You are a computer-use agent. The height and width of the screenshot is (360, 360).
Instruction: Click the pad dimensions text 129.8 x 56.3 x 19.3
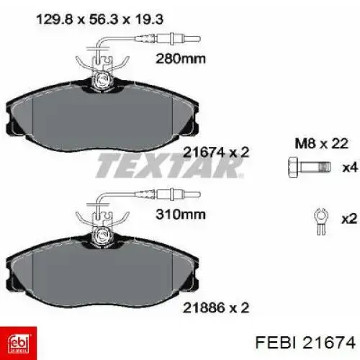(x=99, y=19)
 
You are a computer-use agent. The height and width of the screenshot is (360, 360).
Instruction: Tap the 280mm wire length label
(x=181, y=59)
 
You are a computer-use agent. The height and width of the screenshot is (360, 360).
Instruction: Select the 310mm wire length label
(x=181, y=215)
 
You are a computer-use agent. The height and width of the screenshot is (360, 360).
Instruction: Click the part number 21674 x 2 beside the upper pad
(x=216, y=152)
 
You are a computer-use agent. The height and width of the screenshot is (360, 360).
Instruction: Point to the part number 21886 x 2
(x=216, y=307)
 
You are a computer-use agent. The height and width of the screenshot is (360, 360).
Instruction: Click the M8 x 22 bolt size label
(x=321, y=144)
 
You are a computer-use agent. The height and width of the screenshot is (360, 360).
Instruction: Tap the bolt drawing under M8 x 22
(x=310, y=167)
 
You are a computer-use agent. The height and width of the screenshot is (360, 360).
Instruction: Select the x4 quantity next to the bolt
(x=350, y=168)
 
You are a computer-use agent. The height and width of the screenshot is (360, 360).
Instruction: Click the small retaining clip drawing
(x=321, y=221)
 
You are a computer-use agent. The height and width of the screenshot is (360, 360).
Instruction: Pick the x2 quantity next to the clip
(x=349, y=219)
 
